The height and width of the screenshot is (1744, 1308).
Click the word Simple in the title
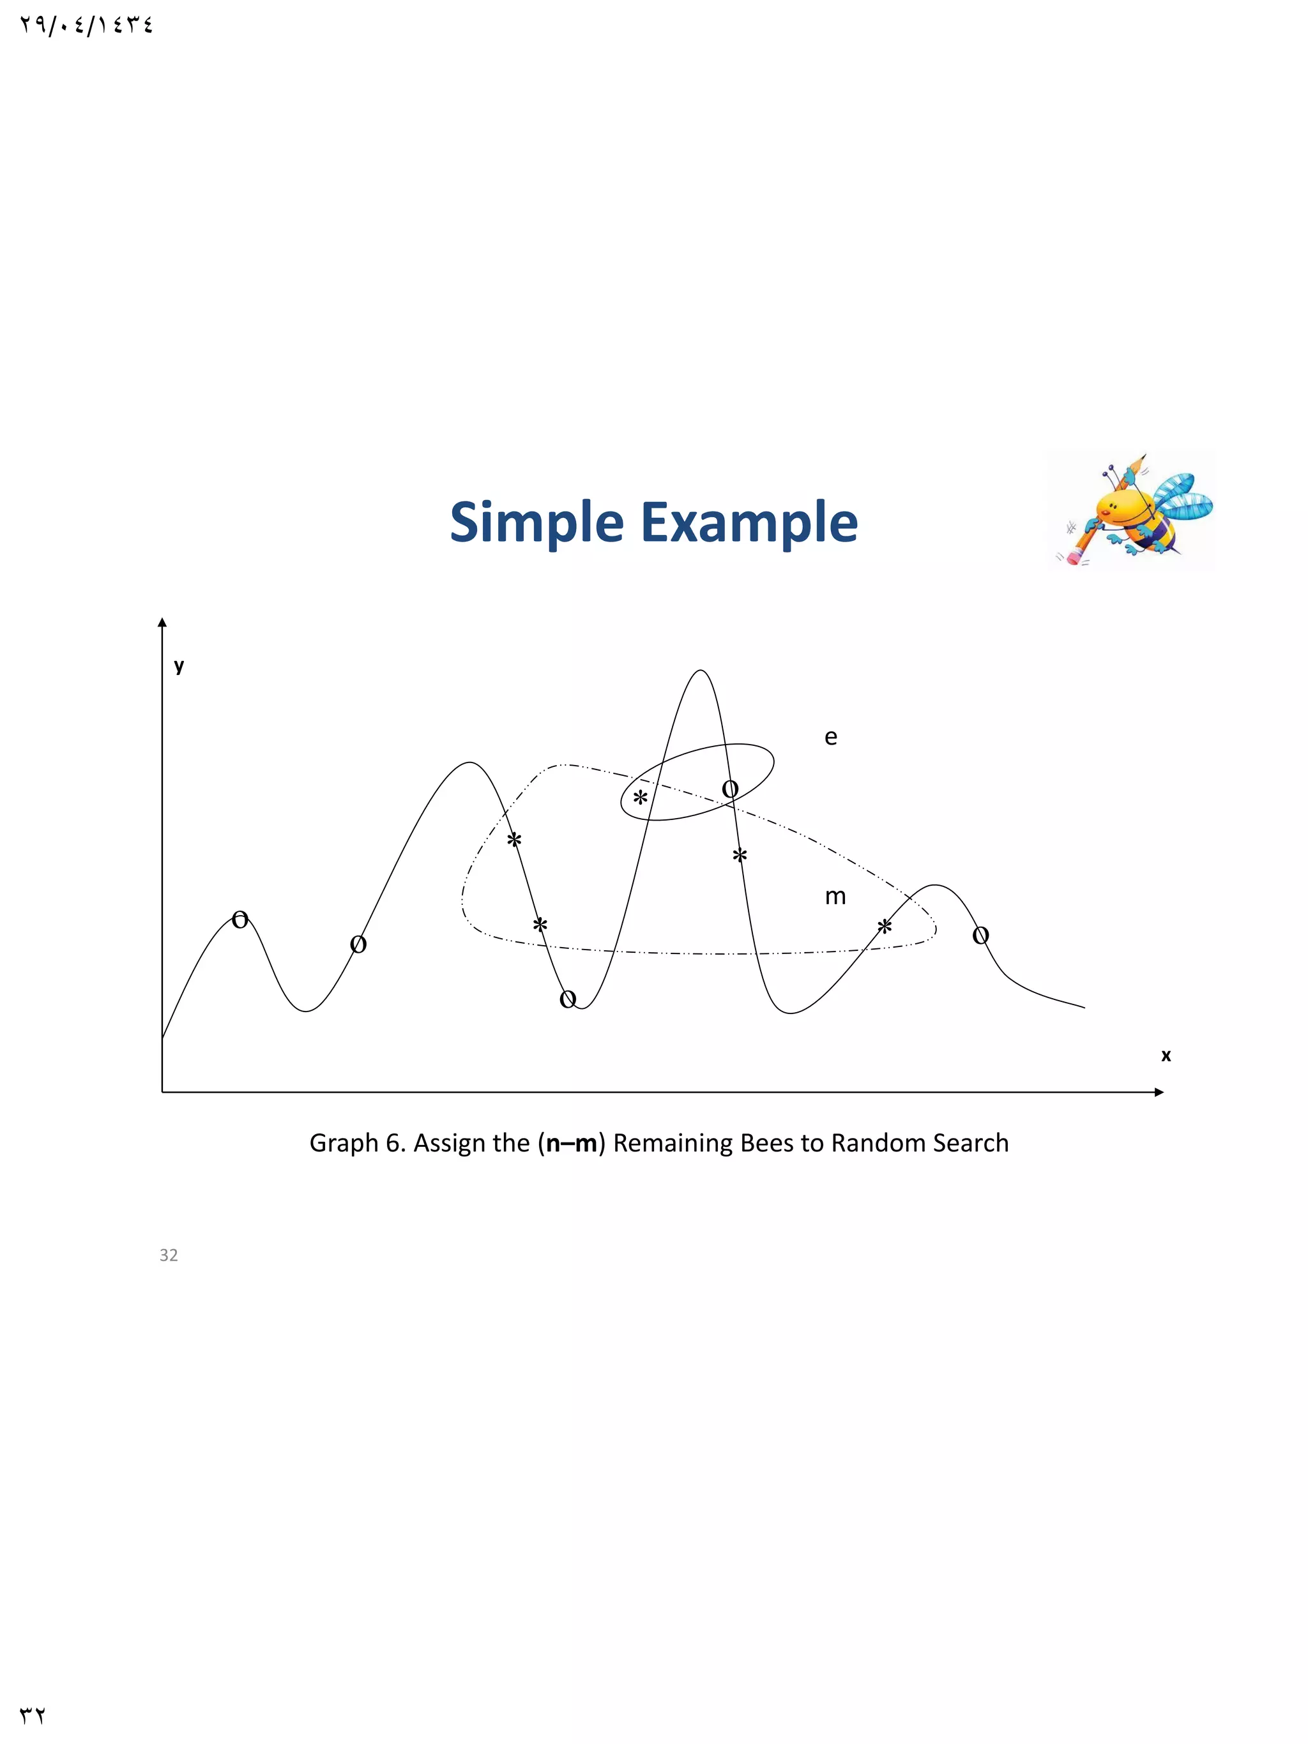(x=536, y=523)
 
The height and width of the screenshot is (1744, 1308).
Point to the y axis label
(x=179, y=665)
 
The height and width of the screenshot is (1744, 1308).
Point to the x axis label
(x=1166, y=1055)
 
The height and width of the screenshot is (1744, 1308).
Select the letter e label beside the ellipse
(x=830, y=737)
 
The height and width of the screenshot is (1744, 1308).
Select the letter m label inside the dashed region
(x=835, y=897)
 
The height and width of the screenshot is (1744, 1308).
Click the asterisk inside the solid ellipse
(x=640, y=797)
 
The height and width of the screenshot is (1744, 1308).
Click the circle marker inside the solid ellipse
(x=730, y=789)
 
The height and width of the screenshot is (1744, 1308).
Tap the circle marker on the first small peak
(x=241, y=920)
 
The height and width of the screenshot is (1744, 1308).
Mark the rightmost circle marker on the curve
(x=980, y=936)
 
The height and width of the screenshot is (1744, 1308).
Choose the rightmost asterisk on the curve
(x=885, y=927)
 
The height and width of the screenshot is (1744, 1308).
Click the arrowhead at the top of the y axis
(x=162, y=623)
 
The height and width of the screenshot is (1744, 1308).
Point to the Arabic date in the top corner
(x=86, y=26)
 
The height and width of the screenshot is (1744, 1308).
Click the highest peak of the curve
(x=700, y=671)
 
